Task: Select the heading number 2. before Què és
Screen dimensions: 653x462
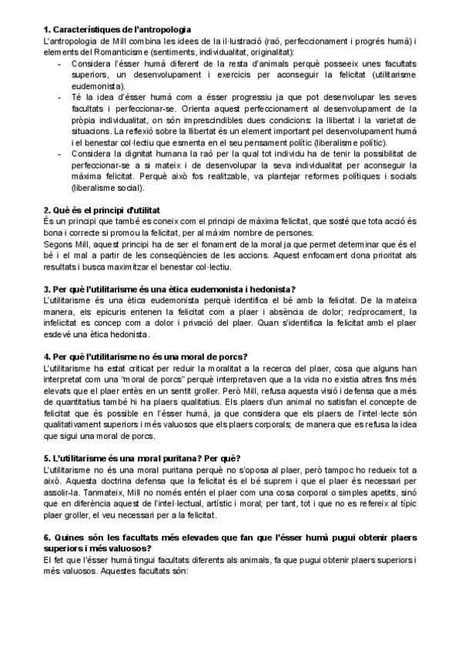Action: (47, 209)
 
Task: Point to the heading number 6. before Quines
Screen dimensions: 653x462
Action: (47, 537)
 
